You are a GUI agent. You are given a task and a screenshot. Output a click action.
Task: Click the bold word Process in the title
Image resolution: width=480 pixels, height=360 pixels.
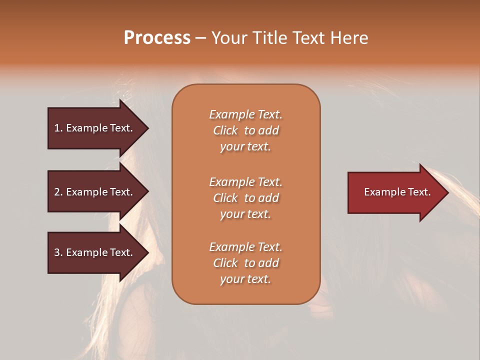157,38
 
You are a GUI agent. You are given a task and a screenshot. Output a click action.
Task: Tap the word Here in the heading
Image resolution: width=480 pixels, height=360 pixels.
350,38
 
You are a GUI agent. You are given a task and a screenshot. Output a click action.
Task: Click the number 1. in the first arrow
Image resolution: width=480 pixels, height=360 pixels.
58,128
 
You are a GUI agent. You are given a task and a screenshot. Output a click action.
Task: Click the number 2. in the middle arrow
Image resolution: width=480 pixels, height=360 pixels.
58,192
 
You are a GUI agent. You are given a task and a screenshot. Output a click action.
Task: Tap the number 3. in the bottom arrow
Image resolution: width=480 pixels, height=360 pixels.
58,252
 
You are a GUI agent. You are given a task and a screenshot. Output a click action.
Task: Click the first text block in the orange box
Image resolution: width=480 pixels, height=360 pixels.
245,130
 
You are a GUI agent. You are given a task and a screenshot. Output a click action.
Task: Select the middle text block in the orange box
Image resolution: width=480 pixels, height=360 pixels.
245,198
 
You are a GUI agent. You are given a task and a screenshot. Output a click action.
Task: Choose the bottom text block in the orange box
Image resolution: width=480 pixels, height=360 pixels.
245,263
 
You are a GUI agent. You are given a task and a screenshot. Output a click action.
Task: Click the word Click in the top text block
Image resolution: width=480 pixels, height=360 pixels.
225,130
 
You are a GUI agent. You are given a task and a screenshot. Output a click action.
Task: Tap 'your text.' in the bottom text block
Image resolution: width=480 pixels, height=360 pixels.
245,279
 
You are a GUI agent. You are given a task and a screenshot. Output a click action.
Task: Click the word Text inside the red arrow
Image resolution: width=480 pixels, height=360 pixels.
419,192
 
